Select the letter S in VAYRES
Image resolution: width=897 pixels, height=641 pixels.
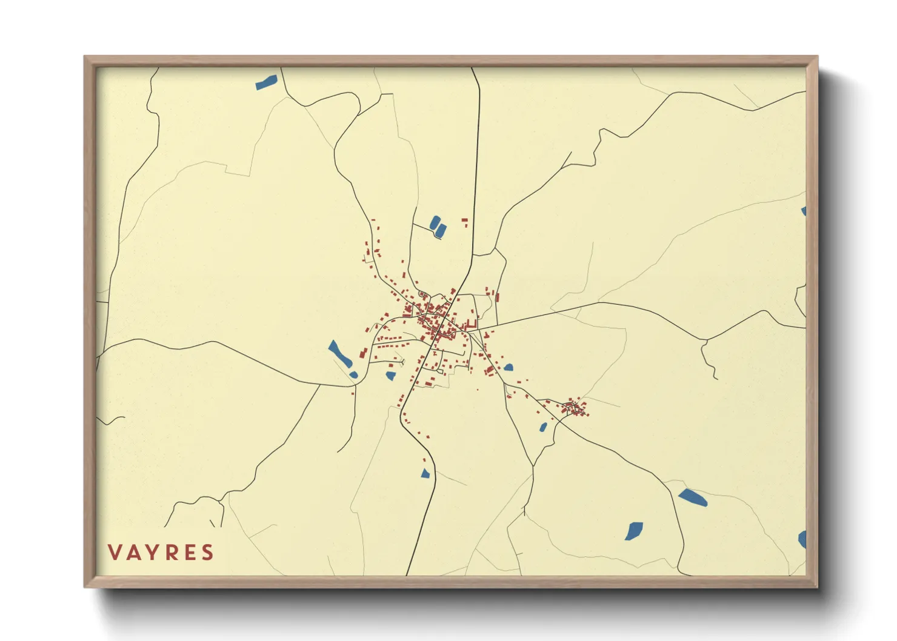point(208,553)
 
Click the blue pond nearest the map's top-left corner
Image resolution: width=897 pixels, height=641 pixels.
point(266,82)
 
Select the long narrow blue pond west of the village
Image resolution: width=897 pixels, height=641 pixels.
point(340,354)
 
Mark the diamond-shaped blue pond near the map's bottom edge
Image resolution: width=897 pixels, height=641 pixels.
point(634,531)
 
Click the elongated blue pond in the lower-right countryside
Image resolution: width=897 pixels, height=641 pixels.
point(693,498)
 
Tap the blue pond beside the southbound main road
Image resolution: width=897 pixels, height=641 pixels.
point(425,473)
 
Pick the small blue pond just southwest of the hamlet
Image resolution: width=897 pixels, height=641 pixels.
point(543,427)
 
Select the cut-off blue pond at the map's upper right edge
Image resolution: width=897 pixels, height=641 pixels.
point(804,211)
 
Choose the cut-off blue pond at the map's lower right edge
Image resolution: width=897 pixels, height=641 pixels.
point(802,539)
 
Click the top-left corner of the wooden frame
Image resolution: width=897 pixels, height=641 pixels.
point(85,58)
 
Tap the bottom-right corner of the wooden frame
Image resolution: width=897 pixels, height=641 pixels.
point(816,586)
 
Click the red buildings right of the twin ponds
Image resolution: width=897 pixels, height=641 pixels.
point(465,222)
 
